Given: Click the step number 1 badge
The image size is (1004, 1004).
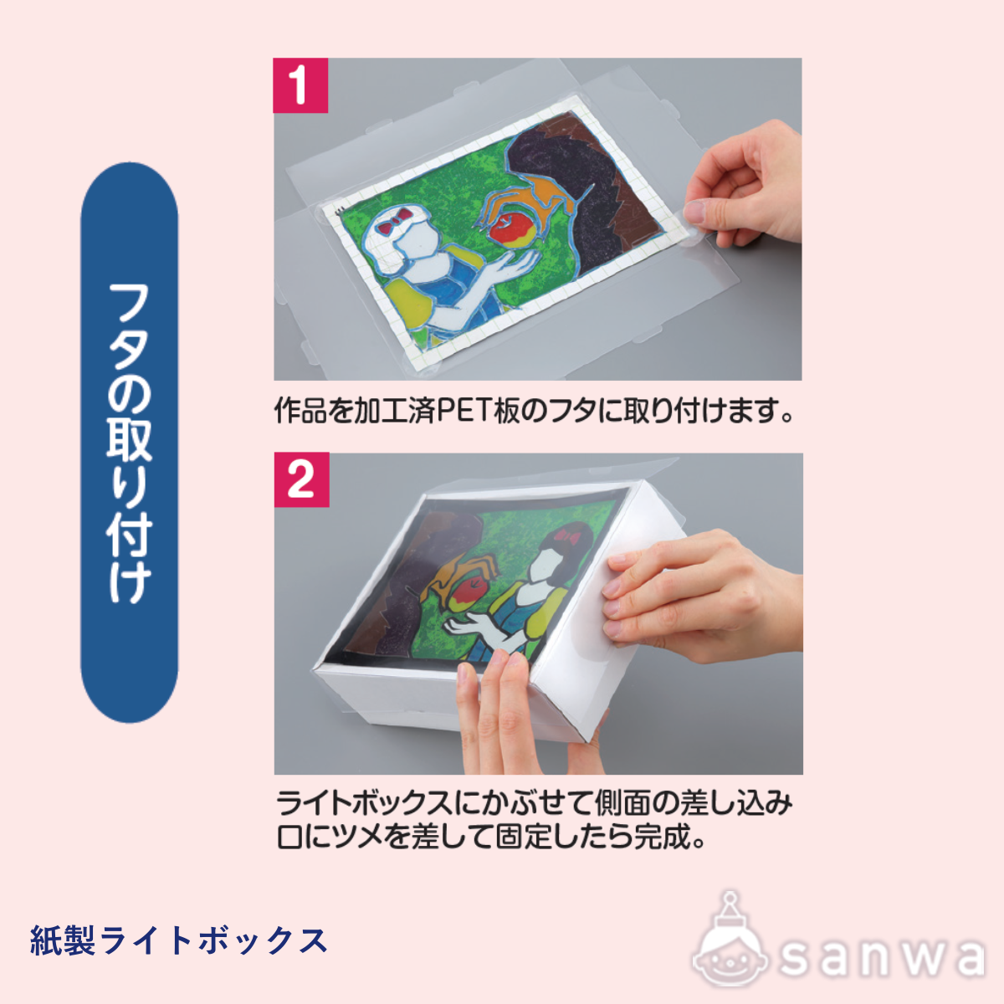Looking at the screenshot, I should [300, 85].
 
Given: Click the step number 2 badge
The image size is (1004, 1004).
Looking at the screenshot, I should [301, 480].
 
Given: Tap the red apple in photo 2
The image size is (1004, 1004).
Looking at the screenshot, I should [464, 593].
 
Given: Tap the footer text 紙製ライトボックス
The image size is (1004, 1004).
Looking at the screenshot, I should [178, 940].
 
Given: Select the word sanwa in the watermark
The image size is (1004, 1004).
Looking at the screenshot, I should [883, 957].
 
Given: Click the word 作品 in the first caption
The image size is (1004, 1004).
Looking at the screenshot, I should [300, 412].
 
